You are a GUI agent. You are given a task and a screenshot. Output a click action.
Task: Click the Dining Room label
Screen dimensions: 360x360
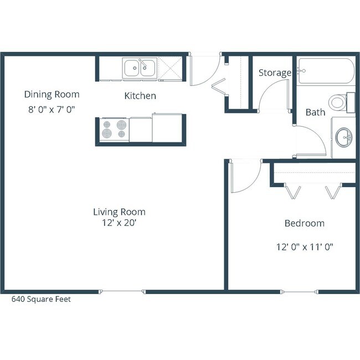pos(52,94)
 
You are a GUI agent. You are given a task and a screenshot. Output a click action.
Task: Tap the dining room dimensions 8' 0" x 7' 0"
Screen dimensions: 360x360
pos(52,109)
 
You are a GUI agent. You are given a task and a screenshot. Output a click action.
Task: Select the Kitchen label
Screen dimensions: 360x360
pos(140,96)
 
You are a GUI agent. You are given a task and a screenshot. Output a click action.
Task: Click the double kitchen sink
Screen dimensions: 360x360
pos(140,69)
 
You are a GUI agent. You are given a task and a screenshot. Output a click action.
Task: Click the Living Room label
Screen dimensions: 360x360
pos(119,212)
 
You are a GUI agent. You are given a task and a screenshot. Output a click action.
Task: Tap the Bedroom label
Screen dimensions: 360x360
pos(304,223)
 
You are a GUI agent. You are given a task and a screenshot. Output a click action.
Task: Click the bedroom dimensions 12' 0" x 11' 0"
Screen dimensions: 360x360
pos(304,246)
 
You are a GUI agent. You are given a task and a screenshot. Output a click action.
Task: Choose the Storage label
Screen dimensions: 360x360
pos(275,73)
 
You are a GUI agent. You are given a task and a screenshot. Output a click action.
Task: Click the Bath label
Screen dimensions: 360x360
pos(315,112)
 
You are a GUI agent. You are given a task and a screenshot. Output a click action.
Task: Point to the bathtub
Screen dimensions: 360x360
pos(324,71)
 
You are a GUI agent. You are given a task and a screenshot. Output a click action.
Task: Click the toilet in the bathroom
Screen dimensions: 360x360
pos(338,102)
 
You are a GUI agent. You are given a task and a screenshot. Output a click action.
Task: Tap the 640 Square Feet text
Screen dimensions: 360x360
pos(42,299)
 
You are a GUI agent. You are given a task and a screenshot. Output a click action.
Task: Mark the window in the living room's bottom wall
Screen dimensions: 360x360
pos(123,291)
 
